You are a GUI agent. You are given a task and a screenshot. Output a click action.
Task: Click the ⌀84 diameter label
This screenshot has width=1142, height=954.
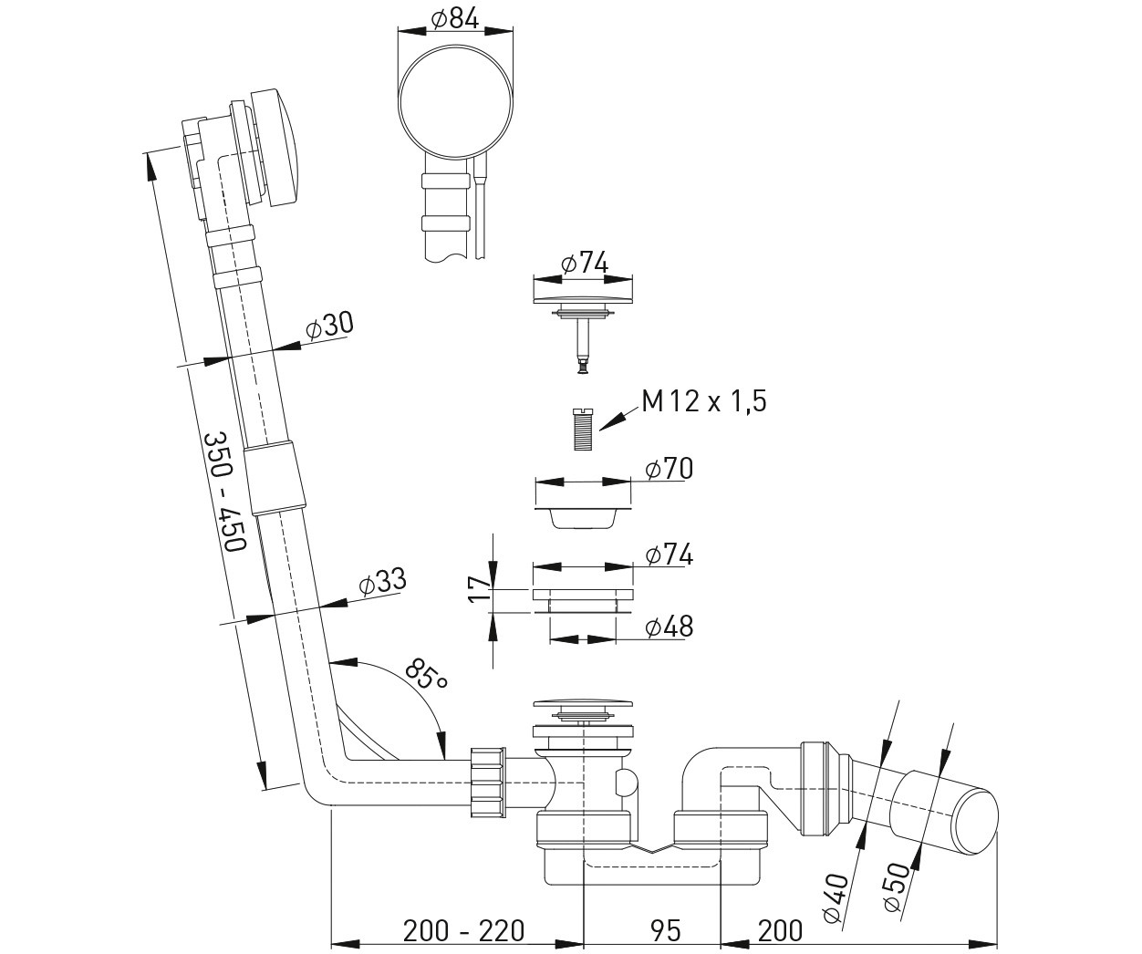pyautogui.click(x=454, y=20)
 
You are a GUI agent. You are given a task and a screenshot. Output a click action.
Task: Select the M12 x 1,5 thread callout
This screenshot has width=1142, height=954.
pyautogui.click(x=704, y=401)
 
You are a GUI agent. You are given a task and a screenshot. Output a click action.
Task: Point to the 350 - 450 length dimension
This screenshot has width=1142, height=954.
pyautogui.click(x=225, y=492)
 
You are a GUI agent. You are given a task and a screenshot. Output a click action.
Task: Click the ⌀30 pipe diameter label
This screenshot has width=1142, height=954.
pyautogui.click(x=330, y=326)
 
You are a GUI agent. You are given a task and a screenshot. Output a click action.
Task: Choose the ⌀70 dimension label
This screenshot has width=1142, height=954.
pyautogui.click(x=669, y=469)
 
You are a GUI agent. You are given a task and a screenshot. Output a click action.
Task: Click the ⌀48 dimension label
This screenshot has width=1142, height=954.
pyautogui.click(x=669, y=627)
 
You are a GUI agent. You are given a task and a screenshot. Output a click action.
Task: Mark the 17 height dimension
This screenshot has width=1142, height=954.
pyautogui.click(x=479, y=588)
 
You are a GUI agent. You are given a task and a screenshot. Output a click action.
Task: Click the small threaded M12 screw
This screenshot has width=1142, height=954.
pyautogui.click(x=584, y=429)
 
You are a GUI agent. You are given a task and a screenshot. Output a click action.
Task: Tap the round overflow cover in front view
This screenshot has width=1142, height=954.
pyautogui.click(x=455, y=102)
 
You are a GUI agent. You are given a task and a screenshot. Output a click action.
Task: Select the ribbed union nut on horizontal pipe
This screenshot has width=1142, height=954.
pyautogui.click(x=486, y=783)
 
